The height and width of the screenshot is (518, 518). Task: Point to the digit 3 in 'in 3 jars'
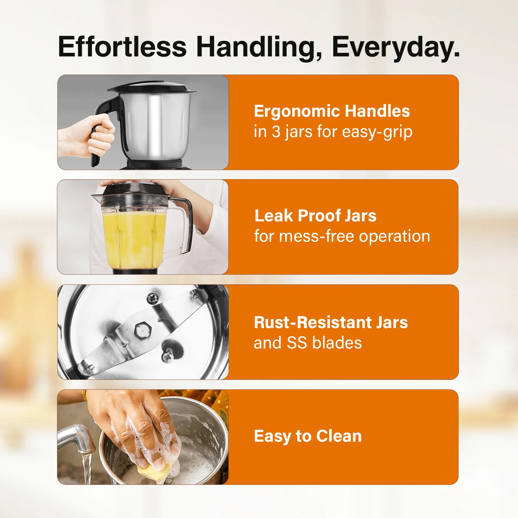tap(276, 132)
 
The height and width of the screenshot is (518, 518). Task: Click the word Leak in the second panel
tap(274, 216)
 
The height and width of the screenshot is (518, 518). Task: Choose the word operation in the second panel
tap(394, 237)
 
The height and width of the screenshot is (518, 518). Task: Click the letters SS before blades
tap(297, 343)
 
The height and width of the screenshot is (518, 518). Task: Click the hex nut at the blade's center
tap(142, 329)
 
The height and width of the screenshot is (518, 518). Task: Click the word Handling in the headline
tap(259, 47)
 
